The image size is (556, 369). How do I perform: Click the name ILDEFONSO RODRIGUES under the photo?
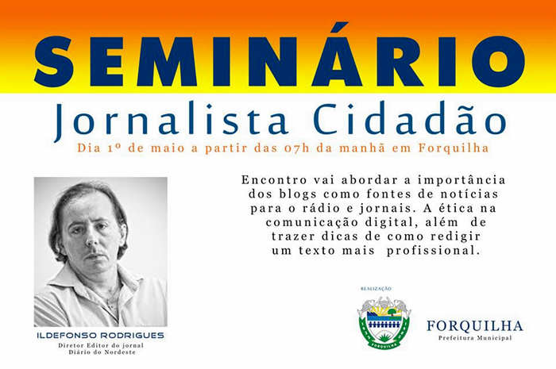pyautogui.click(x=101, y=336)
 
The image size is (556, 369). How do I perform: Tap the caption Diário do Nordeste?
pyautogui.click(x=101, y=352)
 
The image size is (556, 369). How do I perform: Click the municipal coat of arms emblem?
pyautogui.click(x=384, y=322)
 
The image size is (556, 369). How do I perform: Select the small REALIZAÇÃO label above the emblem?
pyautogui.click(x=376, y=288)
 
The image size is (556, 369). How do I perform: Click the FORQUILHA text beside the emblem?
pyautogui.click(x=475, y=326)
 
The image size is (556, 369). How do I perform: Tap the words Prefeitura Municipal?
pyautogui.click(x=475, y=339)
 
